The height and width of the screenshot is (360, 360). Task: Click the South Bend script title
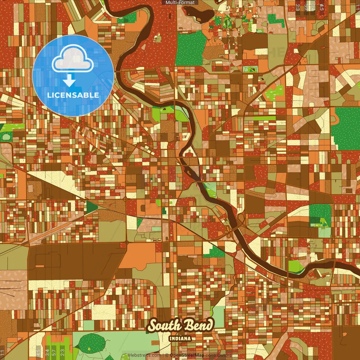coord(180,326)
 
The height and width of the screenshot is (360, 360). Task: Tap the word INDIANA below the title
coord(180,339)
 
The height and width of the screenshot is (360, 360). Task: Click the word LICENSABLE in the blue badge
coord(73,95)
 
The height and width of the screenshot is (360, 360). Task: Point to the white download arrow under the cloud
coord(69,80)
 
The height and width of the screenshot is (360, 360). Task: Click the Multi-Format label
coord(180,3)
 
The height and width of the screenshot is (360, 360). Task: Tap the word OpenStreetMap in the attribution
coord(187,355)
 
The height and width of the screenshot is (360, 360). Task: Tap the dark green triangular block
coord(91,207)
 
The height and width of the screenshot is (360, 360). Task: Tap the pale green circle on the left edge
coord(6,137)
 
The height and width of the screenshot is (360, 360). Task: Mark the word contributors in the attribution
coord(218,355)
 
